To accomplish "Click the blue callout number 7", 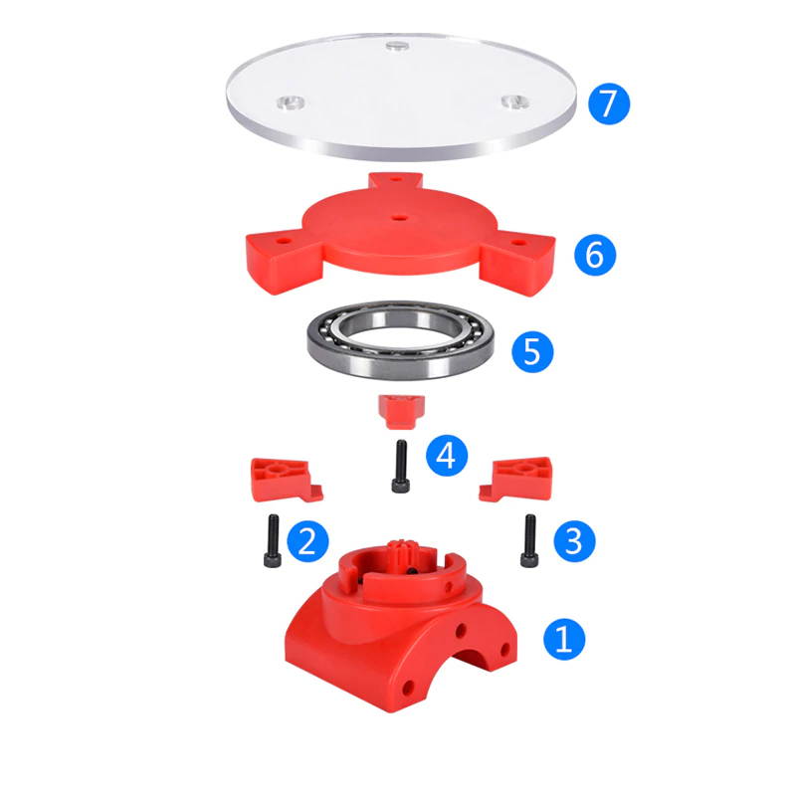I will pyautogui.click(x=609, y=103).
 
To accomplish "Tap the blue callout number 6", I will pyautogui.click(x=594, y=254).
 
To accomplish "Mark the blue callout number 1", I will pyautogui.click(x=563, y=638).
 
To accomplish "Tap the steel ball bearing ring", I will pyautogui.click(x=397, y=344).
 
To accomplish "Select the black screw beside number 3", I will pyautogui.click(x=528, y=540).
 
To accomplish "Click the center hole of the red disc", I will pyautogui.click(x=398, y=216).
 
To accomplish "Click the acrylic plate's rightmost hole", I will pyautogui.click(x=513, y=100).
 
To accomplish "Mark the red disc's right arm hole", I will pyautogui.click(x=518, y=239).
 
